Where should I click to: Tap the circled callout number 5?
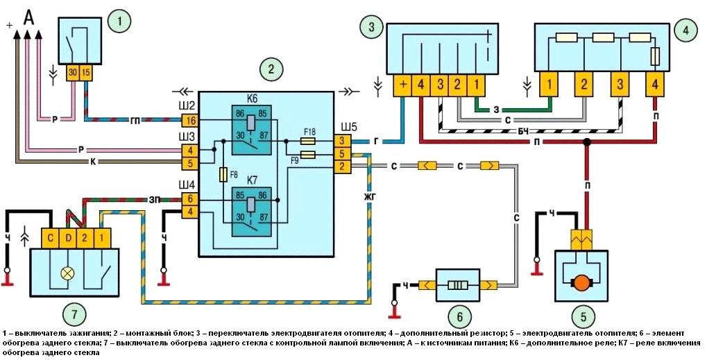click(x=581, y=318)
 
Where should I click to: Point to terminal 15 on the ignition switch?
click(x=86, y=72)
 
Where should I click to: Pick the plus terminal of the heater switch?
click(x=402, y=86)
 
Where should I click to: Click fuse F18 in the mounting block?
click(x=309, y=141)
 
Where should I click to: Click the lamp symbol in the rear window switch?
click(x=67, y=273)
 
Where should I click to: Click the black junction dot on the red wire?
click(x=587, y=142)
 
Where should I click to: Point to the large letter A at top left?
click(x=28, y=17)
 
